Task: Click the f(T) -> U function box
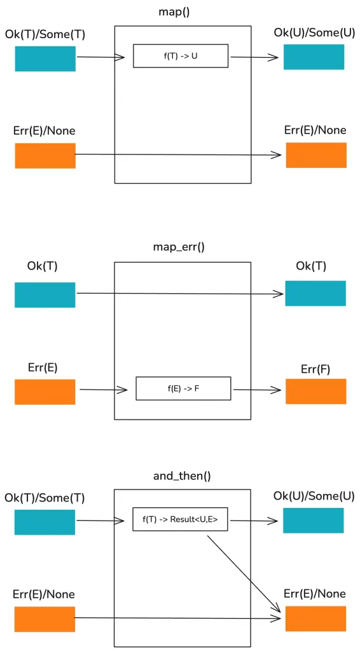point(181,56)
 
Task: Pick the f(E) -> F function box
point(183,388)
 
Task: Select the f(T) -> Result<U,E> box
point(180,519)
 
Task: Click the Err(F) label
point(315,369)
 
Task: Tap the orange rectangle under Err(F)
point(315,392)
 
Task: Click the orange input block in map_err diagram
point(45,392)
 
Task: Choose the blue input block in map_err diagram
point(45,295)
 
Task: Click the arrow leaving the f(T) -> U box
point(254,57)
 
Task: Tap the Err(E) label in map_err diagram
point(43,367)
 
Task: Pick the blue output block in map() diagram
point(314,57)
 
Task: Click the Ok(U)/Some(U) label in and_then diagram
point(314,496)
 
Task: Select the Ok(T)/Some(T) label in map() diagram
point(45,34)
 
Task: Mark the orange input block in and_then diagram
point(45,619)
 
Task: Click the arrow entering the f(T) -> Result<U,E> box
point(100,521)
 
